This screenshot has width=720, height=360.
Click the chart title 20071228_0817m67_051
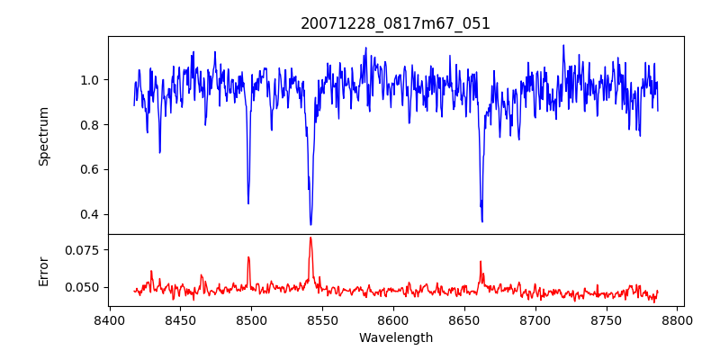coord(395,23)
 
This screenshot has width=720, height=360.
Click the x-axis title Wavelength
coord(395,338)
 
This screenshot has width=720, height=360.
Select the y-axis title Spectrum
coord(44,136)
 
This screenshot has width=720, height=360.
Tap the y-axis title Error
coord(44,270)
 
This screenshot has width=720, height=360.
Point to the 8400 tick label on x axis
coord(109,319)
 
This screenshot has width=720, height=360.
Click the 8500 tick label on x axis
coord(251,319)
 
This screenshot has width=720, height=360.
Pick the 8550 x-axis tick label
coord(322,319)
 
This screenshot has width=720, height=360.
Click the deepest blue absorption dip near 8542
coord(310,224)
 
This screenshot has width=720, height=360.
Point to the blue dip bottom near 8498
coord(248,203)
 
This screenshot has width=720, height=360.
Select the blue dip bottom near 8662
coord(482,220)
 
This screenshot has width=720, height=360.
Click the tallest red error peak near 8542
coord(310,238)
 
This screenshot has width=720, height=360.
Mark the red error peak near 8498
coord(248,257)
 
